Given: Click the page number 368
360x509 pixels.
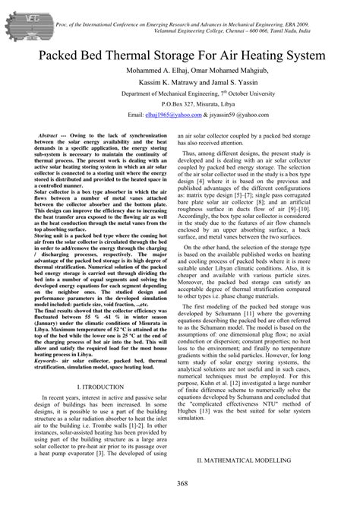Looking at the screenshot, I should tap(180, 485).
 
